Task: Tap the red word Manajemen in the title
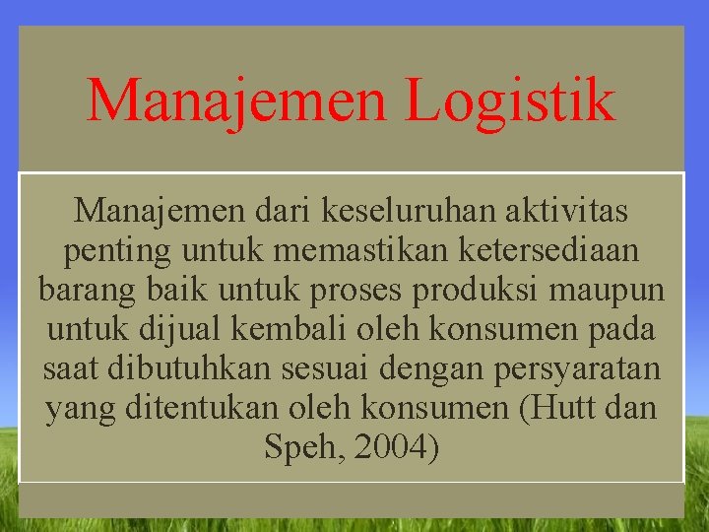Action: (240, 100)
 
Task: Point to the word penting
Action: (117, 250)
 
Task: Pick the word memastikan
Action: (361, 250)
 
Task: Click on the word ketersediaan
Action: (548, 250)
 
